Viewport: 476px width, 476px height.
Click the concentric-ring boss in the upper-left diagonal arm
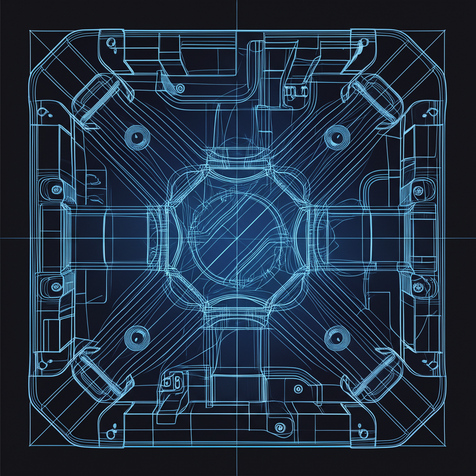(x=136, y=136)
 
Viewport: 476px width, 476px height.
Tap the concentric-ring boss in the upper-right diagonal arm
(x=334, y=136)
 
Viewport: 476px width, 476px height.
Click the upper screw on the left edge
(x=56, y=189)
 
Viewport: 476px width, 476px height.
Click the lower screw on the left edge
(x=56, y=285)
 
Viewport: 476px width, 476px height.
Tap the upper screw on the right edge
(x=418, y=190)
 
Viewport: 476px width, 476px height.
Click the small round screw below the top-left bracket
(x=181, y=88)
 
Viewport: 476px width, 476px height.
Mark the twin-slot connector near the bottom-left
(x=172, y=382)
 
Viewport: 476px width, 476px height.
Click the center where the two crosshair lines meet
(x=238, y=238)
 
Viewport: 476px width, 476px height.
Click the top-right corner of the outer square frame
(x=445, y=31)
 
